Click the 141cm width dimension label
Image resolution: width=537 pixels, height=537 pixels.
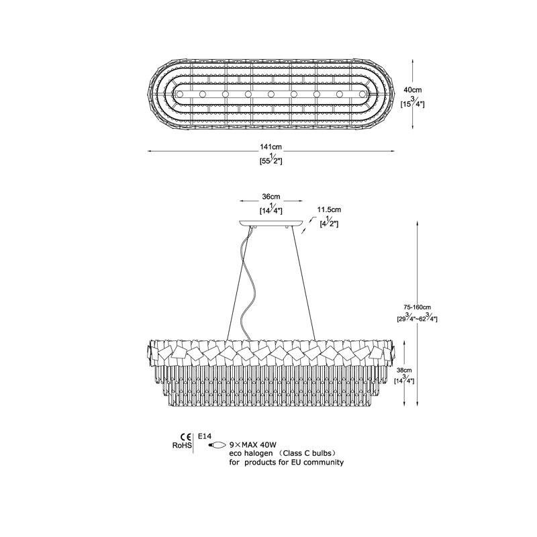coord(271,147)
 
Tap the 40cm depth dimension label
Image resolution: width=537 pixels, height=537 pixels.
coord(413,90)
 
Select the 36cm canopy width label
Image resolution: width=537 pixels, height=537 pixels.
coord(271,197)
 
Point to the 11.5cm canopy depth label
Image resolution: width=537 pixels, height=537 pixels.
coord(329,209)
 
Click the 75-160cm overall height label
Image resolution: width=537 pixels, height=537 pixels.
coord(417,307)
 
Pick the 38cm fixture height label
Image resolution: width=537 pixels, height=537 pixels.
coord(404,371)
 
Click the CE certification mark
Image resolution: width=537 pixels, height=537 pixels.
coord(186,437)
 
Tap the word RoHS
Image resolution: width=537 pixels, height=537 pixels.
coord(182,446)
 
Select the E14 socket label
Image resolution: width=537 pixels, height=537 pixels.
coord(205,436)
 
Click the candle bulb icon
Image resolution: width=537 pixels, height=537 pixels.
coord(217,445)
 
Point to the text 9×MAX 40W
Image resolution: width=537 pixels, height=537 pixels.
coord(253,445)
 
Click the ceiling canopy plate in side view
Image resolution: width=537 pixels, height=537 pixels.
coord(271,223)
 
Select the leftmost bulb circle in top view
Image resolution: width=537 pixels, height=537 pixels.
coord(180,94)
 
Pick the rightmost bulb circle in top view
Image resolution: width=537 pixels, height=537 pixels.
coord(362,94)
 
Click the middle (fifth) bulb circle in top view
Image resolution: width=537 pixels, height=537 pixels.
coord(271,94)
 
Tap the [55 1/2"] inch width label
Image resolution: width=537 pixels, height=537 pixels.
coord(271,159)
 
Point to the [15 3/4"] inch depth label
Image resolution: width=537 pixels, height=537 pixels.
coord(413,103)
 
